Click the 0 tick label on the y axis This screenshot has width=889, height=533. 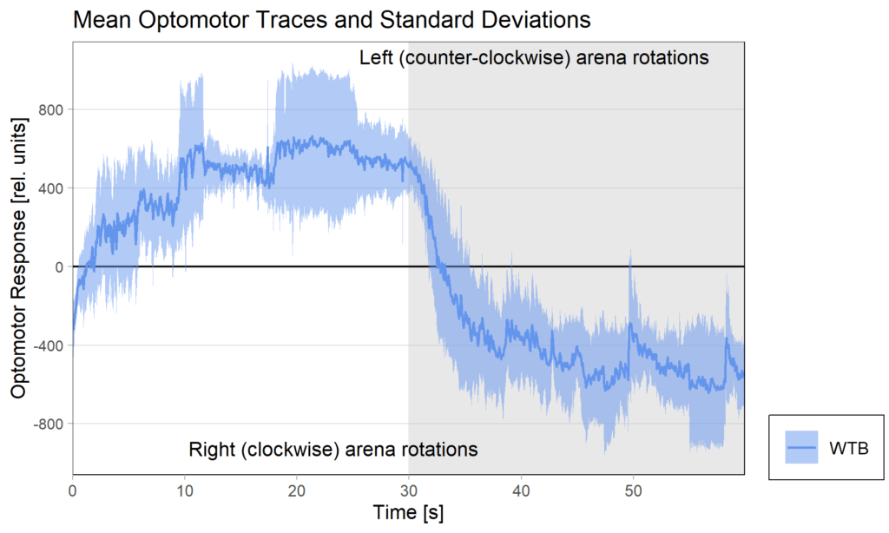[58, 266]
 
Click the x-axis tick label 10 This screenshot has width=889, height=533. [184, 490]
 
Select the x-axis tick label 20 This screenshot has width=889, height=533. [296, 490]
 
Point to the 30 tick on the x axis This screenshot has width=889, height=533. [408, 490]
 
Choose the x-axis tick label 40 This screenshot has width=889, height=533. [520, 490]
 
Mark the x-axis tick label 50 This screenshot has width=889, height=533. [632, 490]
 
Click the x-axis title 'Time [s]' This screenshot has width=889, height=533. [408, 513]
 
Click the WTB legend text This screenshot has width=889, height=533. [849, 448]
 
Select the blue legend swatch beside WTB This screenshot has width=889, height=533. [802, 448]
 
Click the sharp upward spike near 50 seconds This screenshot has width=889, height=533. [630, 253]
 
